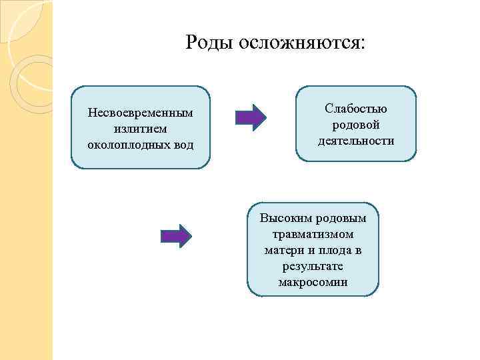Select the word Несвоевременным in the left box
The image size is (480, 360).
(140, 113)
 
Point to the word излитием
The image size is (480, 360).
(140, 128)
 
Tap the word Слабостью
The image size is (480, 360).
(356, 109)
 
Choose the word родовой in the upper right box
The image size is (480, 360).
(356, 125)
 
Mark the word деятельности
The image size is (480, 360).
(356, 140)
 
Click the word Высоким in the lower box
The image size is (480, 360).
(282, 219)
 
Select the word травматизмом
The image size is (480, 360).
(313, 235)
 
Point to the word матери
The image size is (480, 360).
(283, 251)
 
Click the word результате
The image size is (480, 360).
(313, 267)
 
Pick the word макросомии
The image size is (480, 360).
(313, 283)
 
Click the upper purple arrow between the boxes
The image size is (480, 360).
(251, 117)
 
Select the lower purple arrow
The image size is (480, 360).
(177, 235)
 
